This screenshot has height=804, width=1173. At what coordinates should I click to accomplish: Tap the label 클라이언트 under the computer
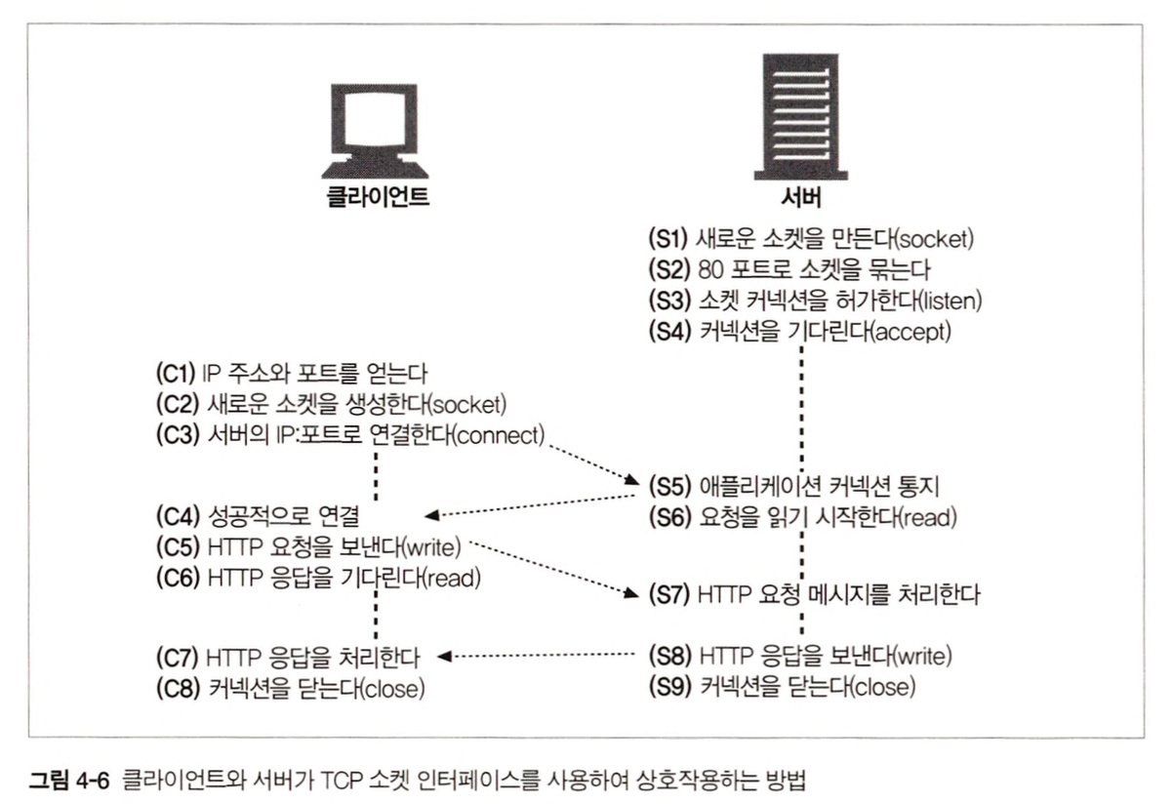(377, 198)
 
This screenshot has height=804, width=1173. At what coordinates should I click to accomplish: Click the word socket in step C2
(471, 403)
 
